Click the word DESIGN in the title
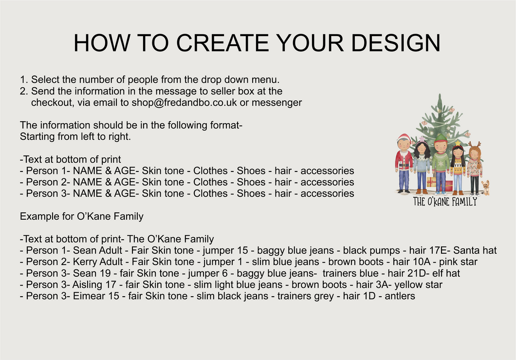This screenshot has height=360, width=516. (396, 43)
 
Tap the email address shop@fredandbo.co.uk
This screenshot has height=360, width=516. (184, 102)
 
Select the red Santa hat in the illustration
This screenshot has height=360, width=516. (404, 137)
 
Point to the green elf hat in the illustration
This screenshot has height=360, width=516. (441, 138)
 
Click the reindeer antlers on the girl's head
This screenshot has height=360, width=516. (475, 144)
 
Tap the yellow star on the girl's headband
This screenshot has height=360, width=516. (458, 143)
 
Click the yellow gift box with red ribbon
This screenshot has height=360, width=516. (431, 182)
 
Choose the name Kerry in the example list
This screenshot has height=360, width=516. (84, 262)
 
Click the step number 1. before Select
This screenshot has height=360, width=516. (24, 80)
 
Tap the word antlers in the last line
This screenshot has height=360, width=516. (400, 296)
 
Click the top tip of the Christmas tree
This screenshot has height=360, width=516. (440, 94)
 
